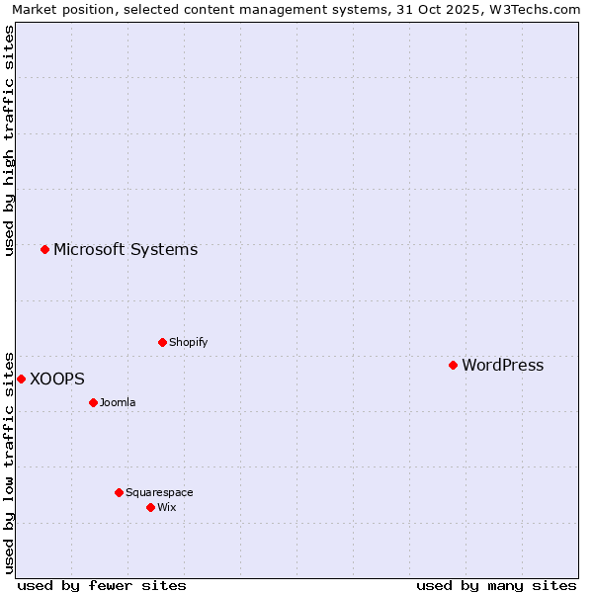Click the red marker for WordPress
click(453, 365)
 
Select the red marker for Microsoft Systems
click(44, 249)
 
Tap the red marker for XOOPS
click(21, 379)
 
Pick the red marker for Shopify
click(162, 342)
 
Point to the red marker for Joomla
click(93, 402)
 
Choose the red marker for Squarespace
click(119, 492)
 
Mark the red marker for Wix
click(150, 507)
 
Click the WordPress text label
click(502, 365)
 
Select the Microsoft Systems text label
click(126, 249)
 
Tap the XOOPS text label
click(57, 379)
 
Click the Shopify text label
click(188, 342)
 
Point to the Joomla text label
click(118, 402)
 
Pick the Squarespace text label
click(159, 492)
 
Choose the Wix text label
click(167, 507)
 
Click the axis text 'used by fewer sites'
click(102, 585)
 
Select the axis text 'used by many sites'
click(496, 585)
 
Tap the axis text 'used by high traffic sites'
click(9, 140)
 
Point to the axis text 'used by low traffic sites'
click(9, 462)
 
